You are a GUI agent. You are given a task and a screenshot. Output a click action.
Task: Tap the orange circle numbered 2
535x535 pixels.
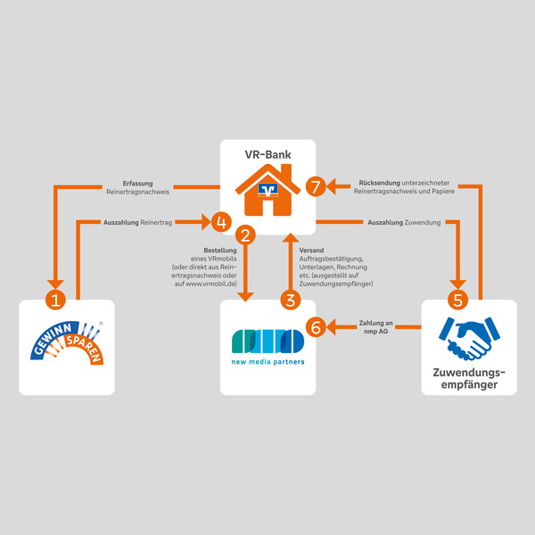click(247, 235)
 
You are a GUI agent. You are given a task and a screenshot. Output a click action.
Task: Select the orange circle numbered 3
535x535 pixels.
click(289, 299)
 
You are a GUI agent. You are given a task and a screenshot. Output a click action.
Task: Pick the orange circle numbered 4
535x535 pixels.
click(221, 220)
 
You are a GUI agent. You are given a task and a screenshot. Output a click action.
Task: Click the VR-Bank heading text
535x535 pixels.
click(267, 154)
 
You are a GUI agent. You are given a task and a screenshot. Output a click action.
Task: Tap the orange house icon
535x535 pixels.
click(267, 190)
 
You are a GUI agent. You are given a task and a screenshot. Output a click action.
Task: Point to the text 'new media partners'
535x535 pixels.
click(267, 362)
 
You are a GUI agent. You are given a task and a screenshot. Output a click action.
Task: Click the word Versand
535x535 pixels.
click(312, 250)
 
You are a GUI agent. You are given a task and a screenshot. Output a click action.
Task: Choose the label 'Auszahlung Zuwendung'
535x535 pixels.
click(404, 220)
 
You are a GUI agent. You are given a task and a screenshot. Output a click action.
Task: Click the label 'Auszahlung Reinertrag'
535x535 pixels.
click(137, 220)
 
